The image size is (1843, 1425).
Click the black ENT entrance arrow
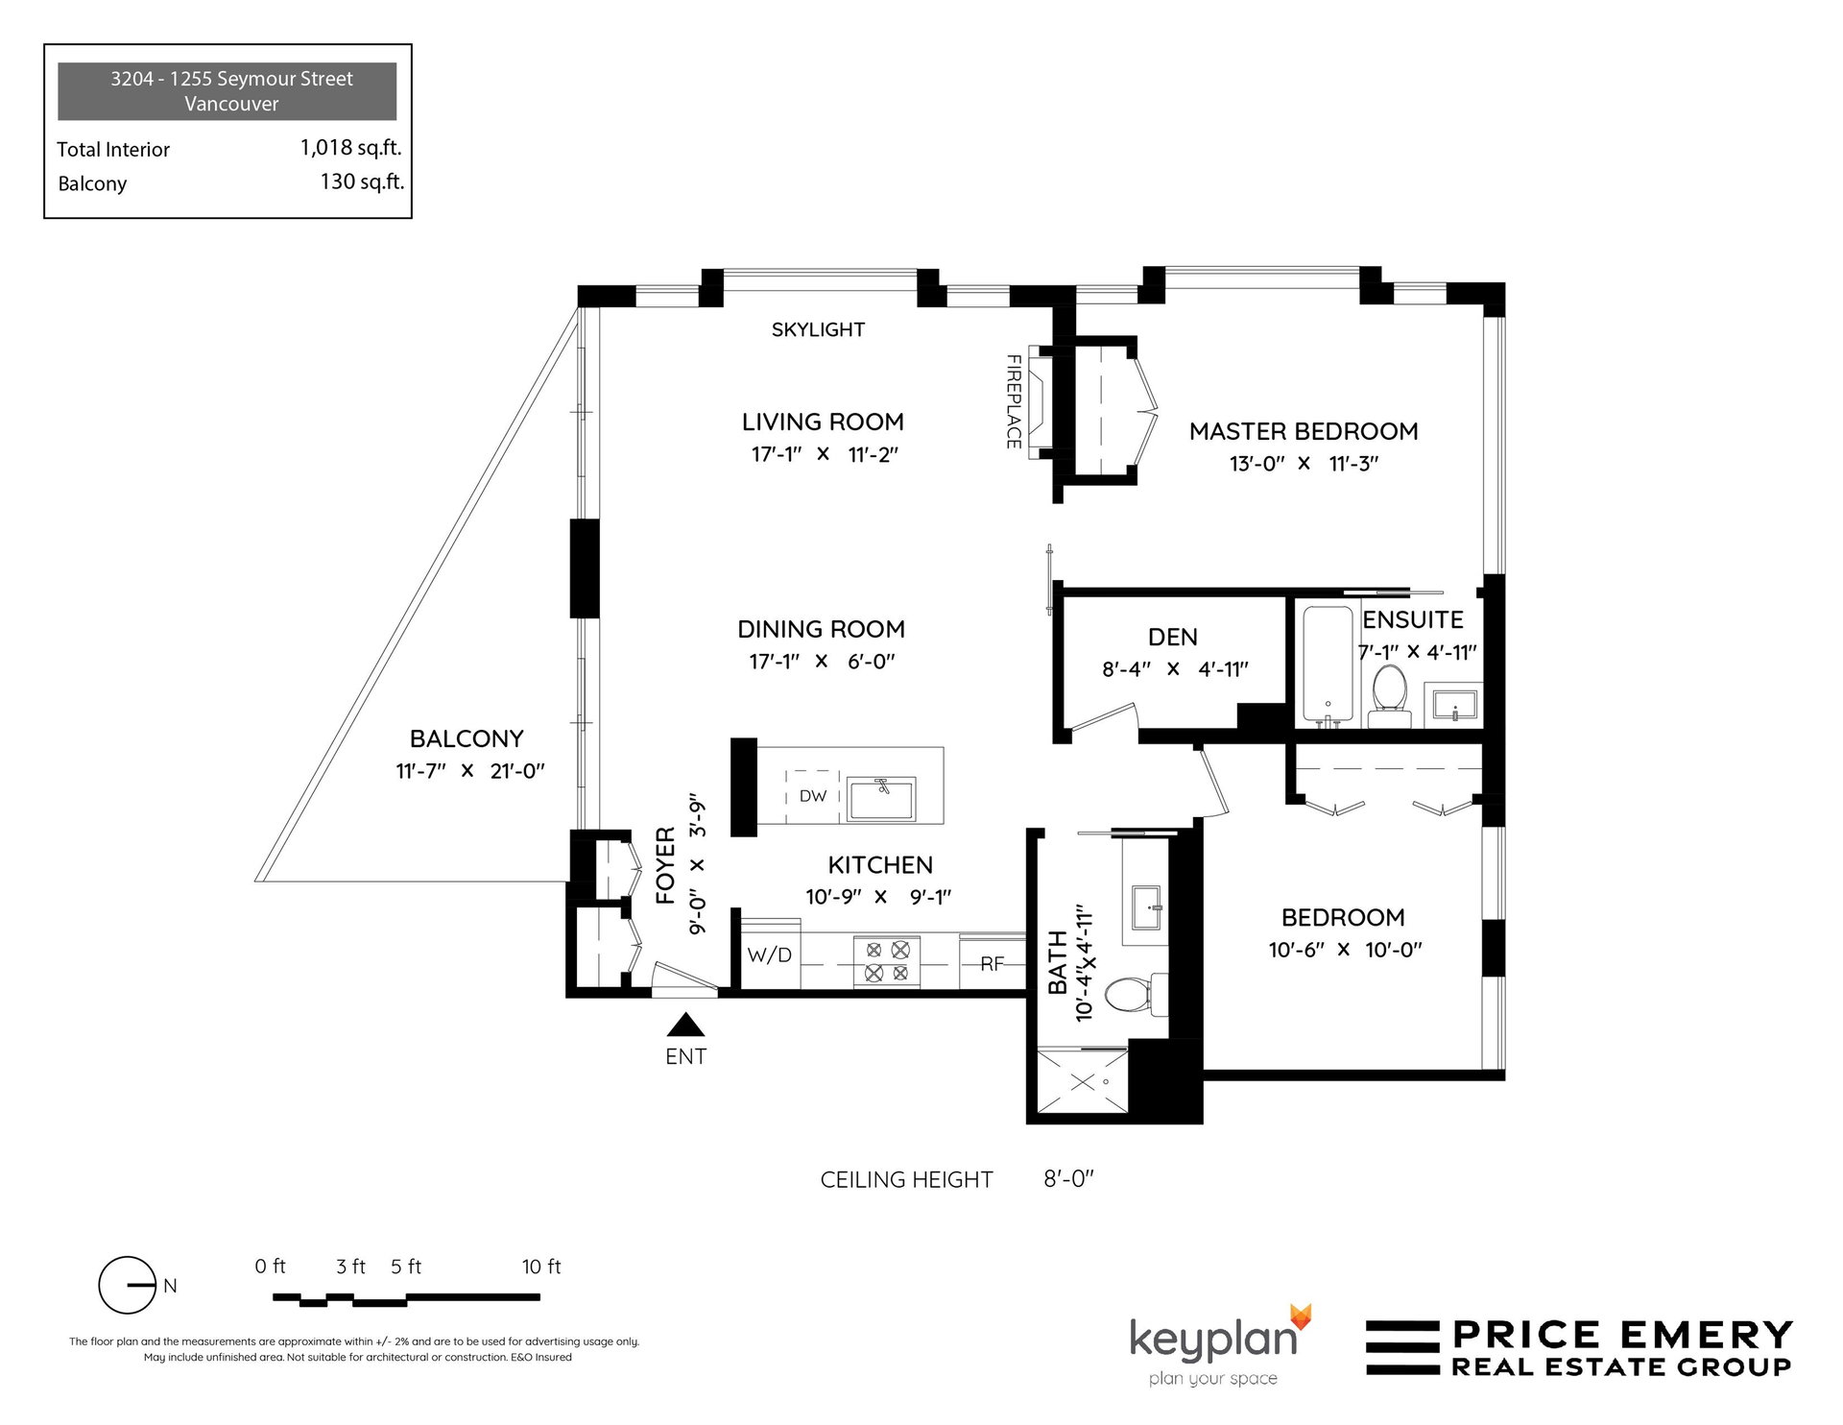pos(685,1025)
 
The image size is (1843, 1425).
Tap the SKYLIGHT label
pos(818,329)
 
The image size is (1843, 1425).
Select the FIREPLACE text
pos(1013,401)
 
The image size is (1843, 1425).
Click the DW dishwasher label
pos(812,795)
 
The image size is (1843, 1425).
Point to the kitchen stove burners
pos(887,961)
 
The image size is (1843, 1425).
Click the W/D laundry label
pos(770,954)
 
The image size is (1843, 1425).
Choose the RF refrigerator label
pos(992,963)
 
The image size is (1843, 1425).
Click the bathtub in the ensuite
pos(1328,664)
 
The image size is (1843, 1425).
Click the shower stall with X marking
pos(1083,1082)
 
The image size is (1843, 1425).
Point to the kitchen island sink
pos(881,798)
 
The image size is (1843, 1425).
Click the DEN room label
pos(1172,637)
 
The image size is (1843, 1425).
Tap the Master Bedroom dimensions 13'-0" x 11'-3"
pos(1304,464)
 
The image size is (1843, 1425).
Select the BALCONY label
pos(467,738)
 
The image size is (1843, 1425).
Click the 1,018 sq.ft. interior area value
pos(350,148)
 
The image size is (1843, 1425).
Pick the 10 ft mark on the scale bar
pos(541,1267)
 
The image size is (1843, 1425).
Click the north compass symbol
pos(128,1285)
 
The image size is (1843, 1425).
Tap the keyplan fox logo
pos(1300,1316)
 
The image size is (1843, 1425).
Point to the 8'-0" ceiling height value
pos(1068,1178)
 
